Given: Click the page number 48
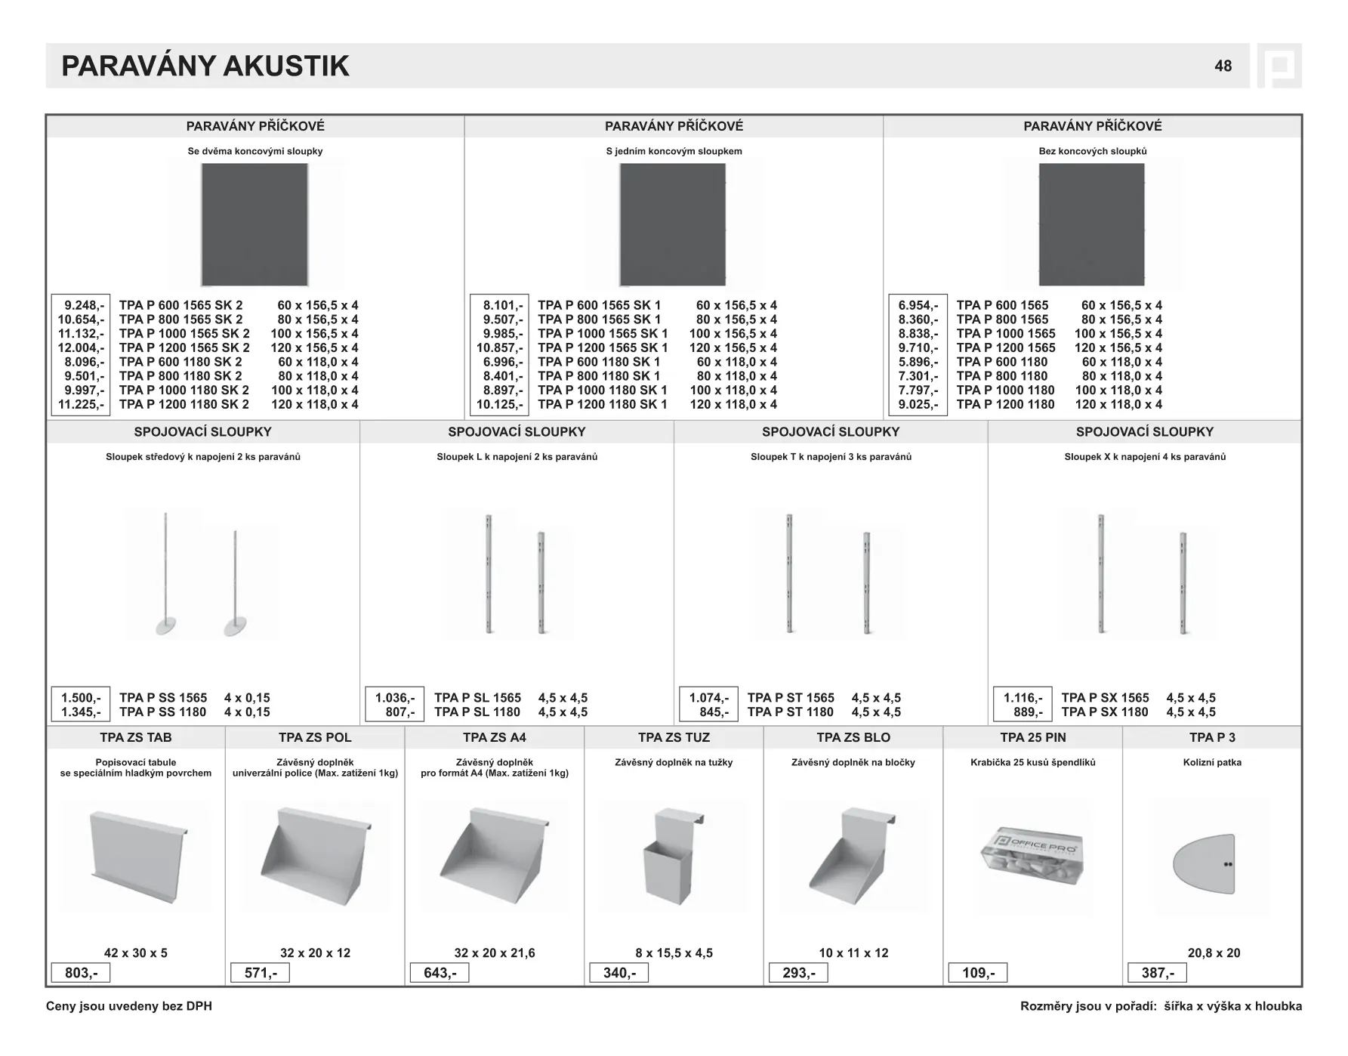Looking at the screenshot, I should click(1223, 66).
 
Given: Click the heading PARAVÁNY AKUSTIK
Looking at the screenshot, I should click(205, 66).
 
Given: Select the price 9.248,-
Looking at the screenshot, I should click(83, 305).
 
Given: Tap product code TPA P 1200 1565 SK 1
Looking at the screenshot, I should click(603, 348).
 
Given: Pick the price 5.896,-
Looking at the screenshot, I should click(918, 362).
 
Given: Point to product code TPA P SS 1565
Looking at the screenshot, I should click(163, 698).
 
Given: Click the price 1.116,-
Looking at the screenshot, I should click(1023, 698).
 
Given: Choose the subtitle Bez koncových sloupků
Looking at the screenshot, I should click(1093, 151).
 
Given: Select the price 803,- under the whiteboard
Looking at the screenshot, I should click(81, 973).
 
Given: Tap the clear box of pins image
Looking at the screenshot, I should click(1032, 857).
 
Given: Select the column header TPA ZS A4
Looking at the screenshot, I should click(495, 737).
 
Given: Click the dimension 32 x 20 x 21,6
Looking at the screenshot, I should click(495, 953).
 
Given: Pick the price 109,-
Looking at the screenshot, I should click(978, 973).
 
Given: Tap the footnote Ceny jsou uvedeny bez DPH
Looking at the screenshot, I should click(129, 1006).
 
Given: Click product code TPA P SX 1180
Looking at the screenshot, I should click(1104, 712).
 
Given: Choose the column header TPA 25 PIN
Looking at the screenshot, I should click(1033, 737).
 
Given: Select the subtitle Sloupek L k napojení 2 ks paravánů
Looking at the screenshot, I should click(517, 457).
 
